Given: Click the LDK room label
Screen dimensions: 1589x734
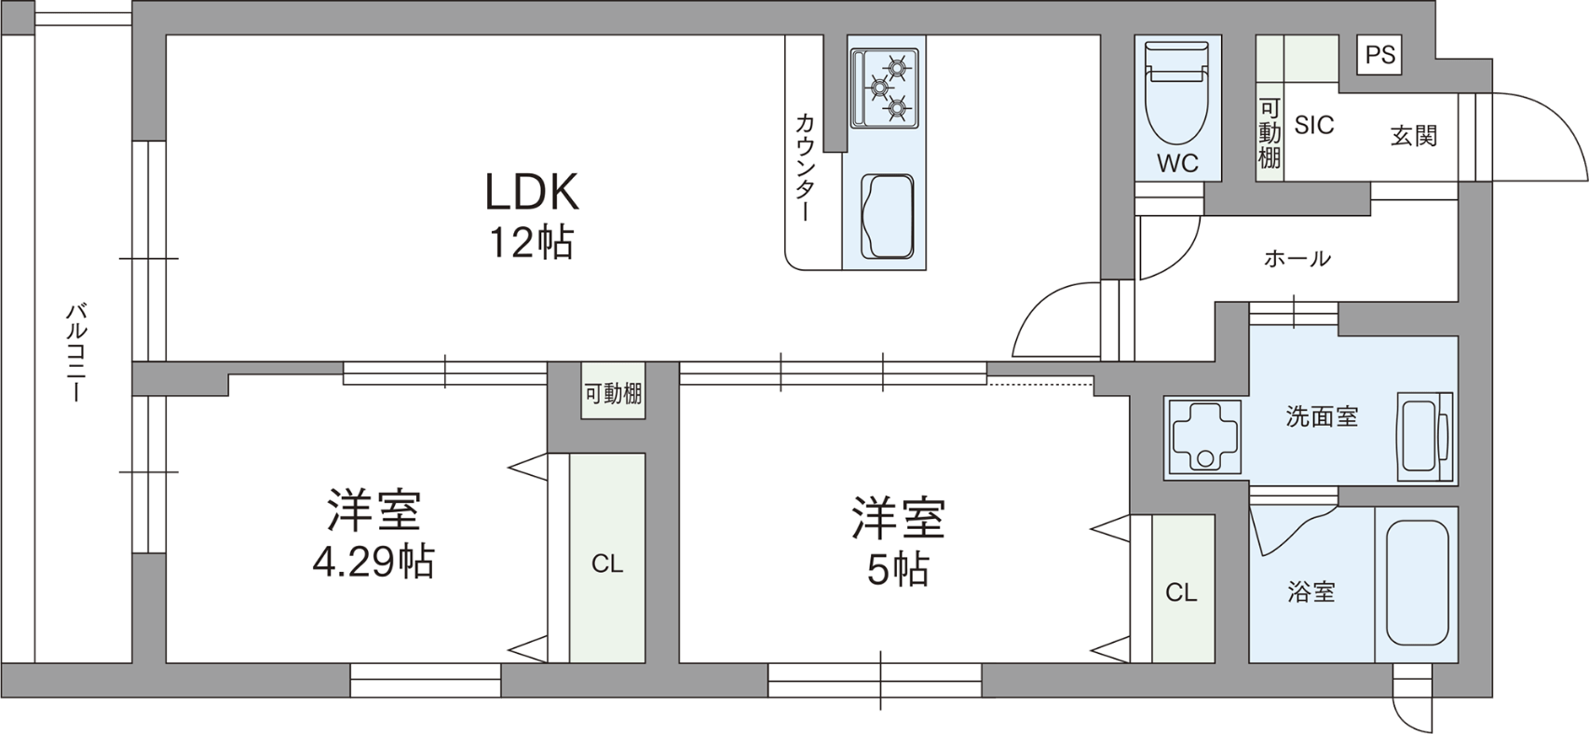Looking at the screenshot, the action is pos(532,192).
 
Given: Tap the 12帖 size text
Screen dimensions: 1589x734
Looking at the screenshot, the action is pos(531,243).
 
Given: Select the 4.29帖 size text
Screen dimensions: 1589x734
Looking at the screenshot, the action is pos(373,563).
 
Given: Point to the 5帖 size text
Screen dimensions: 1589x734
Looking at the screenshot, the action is pos(898,569).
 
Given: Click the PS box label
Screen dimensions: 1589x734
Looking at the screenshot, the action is pos(1379,55).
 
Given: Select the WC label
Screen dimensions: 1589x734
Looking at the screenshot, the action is pos(1177,163).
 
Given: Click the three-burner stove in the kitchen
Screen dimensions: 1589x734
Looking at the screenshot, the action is pos(885,88).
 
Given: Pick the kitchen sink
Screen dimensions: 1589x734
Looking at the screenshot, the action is pos(887,216).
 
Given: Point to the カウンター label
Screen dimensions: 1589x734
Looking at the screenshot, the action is pos(805,168).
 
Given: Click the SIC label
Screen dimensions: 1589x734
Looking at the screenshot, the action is pos(1313,125).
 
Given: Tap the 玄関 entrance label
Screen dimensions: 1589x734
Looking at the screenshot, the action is pos(1414,135).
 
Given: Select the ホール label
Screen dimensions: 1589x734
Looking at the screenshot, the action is pos(1297,259).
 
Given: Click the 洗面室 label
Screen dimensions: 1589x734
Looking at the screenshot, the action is pos(1323,416).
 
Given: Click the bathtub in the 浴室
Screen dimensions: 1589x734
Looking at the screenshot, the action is pos(1416,584).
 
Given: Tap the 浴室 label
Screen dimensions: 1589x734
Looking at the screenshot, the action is pos(1311,592).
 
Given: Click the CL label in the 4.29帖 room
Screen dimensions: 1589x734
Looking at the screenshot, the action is pos(607,564).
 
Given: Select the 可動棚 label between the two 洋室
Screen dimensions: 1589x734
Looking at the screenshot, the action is pos(614,394).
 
